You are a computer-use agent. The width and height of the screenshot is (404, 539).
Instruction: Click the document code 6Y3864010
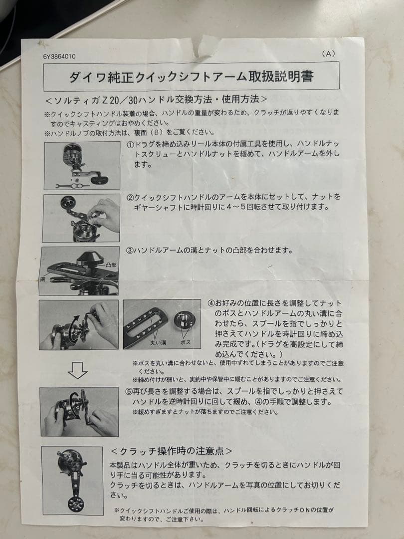(59, 56)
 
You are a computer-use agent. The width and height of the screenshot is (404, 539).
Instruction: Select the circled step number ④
(211, 303)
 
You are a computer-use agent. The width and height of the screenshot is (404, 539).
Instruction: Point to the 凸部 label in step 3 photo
(110, 265)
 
